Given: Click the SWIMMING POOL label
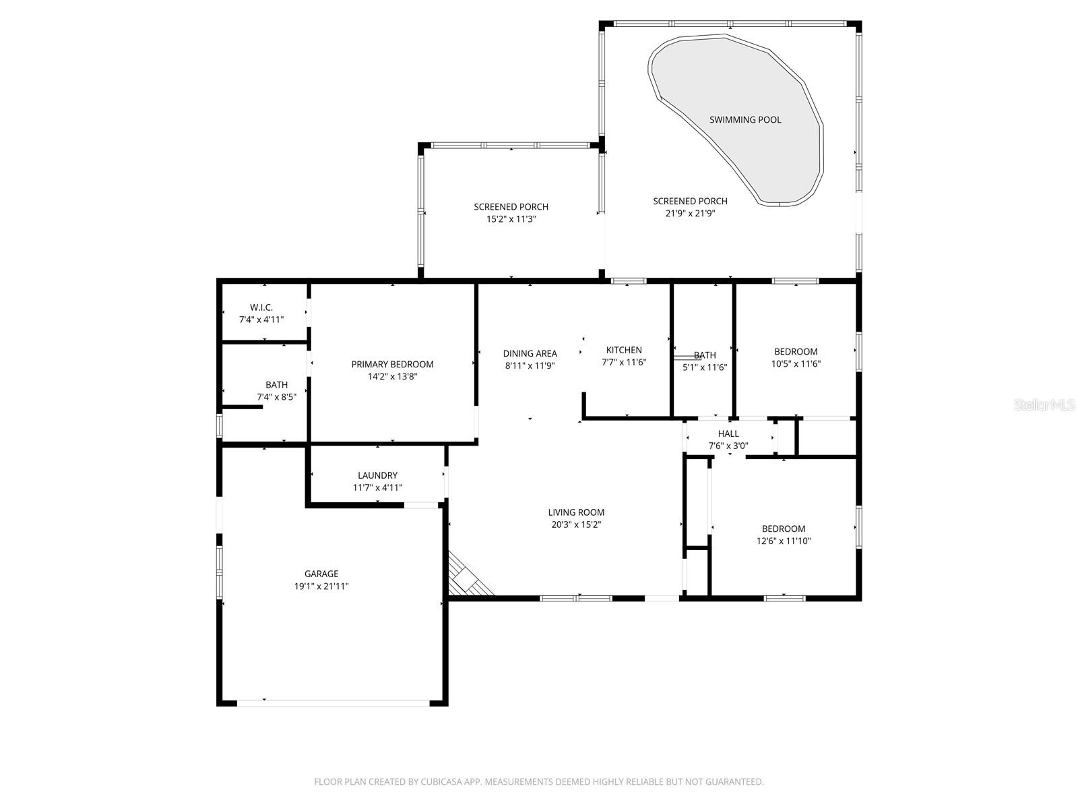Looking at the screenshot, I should [x=745, y=119].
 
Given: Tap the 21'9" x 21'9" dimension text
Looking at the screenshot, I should [x=690, y=213].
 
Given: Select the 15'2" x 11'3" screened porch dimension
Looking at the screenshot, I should [x=511, y=219].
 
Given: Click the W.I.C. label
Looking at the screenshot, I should [x=261, y=307].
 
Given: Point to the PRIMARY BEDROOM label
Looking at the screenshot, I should [x=392, y=364].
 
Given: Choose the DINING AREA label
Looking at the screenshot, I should [x=530, y=353].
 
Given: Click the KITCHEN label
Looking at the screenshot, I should [x=624, y=350].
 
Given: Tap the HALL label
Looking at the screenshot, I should [x=728, y=433].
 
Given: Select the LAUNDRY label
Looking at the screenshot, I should [x=377, y=475].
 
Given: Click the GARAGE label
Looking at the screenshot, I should [x=321, y=574].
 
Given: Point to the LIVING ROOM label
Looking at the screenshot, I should [x=576, y=512].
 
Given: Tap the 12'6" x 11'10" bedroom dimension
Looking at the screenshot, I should [x=784, y=541].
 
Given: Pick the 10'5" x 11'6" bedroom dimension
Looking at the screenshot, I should [x=796, y=363].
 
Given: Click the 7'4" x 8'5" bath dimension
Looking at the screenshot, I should [x=276, y=397].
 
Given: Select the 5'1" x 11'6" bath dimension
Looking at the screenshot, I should [x=705, y=367].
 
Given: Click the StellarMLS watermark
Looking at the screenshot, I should [x=1044, y=405].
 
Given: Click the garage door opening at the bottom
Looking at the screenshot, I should [x=333, y=702].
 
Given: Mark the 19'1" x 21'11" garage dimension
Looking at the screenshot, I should [x=321, y=587].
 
